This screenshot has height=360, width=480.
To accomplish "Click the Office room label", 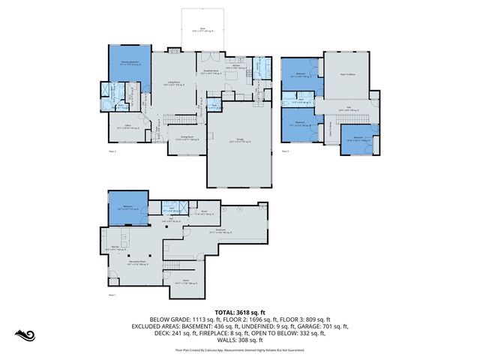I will coord(124,128).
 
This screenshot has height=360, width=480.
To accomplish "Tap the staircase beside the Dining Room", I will coord(178,120).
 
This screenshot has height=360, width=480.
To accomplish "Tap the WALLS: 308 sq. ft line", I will coord(240,341).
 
